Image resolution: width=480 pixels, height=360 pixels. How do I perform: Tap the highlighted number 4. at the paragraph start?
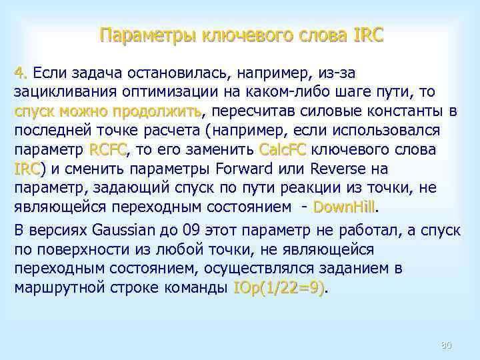pyautogui.click(x=22, y=71)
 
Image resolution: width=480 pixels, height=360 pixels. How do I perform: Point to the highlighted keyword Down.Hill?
pyautogui.click(x=345, y=207)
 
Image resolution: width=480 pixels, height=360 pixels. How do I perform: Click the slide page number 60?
pyautogui.click(x=446, y=345)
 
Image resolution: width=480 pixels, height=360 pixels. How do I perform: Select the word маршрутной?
pyautogui.click(x=58, y=289)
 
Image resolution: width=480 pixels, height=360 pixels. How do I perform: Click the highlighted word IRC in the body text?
pyautogui.click(x=27, y=168)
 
